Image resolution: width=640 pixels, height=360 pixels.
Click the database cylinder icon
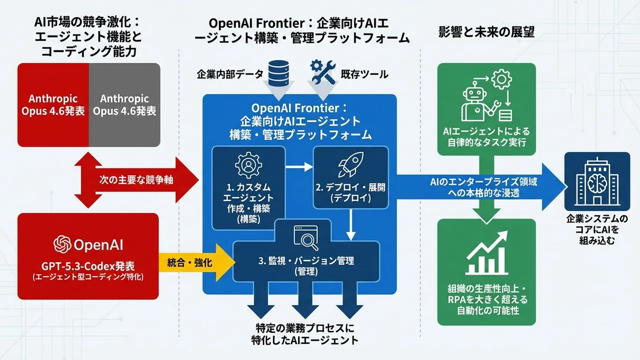280,72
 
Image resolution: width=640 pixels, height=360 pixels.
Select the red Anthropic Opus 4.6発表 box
53,104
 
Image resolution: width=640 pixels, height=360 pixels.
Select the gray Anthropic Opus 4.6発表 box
124,104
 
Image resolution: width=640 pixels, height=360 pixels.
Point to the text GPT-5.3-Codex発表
88,265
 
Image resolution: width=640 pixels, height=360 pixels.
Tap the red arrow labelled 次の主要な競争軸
135,180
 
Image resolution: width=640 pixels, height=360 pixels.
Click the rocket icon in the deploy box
350,165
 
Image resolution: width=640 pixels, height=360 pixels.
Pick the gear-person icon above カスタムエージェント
248,165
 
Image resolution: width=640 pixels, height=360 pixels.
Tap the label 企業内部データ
229,74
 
